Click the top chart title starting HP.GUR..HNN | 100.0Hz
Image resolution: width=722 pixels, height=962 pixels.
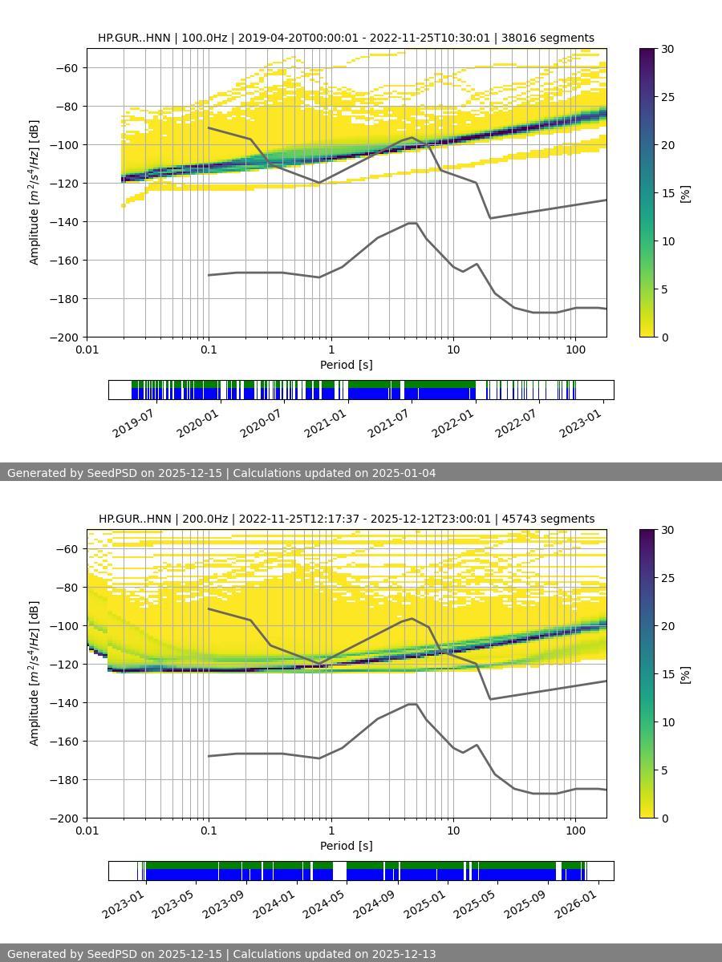coord(346,38)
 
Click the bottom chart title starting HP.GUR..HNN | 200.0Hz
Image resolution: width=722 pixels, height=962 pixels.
coord(347,519)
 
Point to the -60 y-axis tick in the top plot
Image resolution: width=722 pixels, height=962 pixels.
coord(67,68)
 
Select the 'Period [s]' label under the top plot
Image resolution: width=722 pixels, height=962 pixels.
coord(346,365)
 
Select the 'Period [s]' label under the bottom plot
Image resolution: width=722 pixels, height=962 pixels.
coord(346,846)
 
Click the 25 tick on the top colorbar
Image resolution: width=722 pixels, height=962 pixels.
coord(667,97)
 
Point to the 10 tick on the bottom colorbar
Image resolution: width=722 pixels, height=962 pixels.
coord(667,722)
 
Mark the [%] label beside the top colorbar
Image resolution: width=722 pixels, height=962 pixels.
coord(685,193)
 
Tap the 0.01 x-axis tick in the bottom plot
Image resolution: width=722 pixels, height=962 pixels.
coord(87,830)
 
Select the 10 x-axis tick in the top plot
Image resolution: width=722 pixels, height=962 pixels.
coord(453,349)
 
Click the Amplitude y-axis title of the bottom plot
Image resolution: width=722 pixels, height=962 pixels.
coord(34,673)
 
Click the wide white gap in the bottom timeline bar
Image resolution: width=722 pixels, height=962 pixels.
coord(339,871)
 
